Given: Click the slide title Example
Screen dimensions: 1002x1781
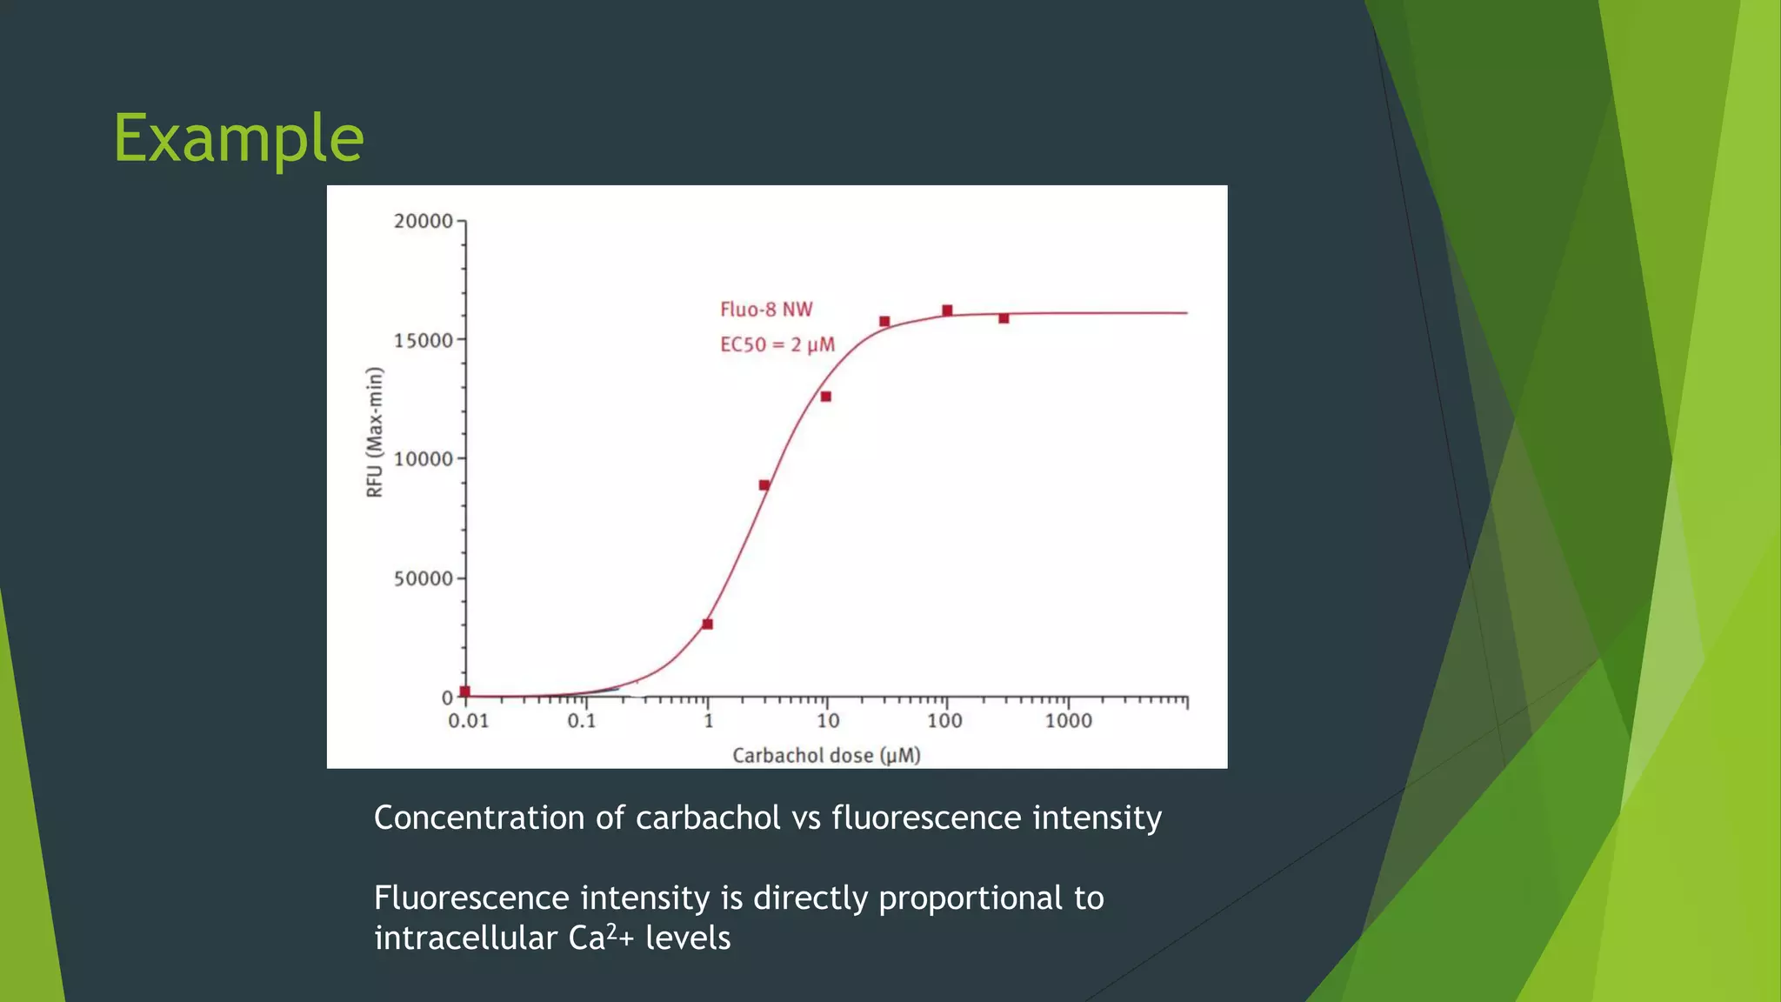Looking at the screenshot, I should pos(238,138).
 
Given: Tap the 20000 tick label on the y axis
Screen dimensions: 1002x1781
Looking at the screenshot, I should pos(424,221).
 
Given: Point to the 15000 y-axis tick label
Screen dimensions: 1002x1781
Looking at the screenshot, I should pos(424,340).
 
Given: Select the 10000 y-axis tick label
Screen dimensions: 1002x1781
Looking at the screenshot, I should pos(424,459).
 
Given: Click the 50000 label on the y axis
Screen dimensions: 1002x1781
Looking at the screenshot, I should pos(424,578).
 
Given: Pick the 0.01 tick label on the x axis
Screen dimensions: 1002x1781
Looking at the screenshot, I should pos(469,721).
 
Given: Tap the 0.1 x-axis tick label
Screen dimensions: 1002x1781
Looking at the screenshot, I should pos(582,721).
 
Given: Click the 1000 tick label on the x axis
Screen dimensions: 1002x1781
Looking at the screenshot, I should pos(1068,721).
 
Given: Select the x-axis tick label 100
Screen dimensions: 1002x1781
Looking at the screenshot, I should pos(944,721).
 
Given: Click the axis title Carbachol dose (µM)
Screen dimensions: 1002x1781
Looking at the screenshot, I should pos(826,755).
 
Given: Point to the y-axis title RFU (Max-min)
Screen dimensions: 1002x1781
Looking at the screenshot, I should pos(375,432).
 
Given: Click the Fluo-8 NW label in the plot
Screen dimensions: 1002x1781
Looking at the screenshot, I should pos(766,310).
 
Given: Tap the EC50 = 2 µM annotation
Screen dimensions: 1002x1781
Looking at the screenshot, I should pos(777,344).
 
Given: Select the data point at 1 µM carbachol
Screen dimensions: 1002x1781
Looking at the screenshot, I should pos(707,624).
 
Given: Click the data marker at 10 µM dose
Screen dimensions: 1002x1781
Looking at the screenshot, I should pos(826,397).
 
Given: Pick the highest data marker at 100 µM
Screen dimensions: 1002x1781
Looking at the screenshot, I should pos(947,311).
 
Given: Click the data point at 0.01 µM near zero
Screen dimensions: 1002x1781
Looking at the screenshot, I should pos(465,691).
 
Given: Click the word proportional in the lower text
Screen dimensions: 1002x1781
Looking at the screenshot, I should pos(971,898).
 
